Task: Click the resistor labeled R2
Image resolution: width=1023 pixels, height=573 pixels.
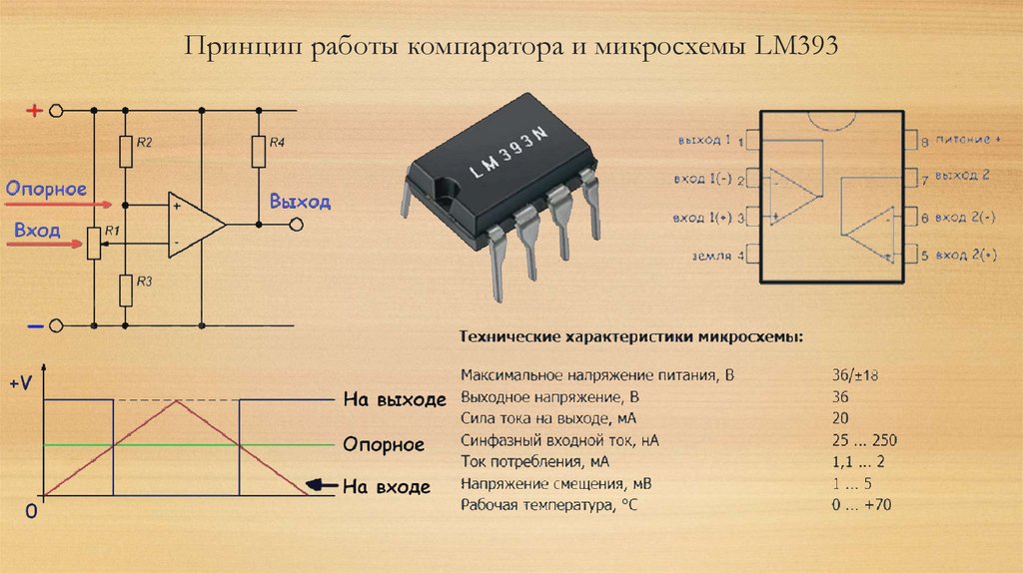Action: pos(126,153)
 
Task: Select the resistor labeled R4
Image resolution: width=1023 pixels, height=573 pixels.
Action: pos(259,152)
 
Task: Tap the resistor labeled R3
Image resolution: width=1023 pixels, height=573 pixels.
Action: pos(126,289)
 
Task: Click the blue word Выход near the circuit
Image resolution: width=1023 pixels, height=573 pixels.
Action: pos(300,202)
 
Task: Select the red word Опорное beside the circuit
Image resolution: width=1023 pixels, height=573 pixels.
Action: pos(46,189)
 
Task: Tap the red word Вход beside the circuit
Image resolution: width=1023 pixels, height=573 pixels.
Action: pos(37,231)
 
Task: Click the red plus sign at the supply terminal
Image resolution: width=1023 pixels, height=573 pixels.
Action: pos(33,111)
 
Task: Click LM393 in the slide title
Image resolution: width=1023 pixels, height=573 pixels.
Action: pos(800,47)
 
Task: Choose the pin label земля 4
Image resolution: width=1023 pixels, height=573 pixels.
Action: pos(717,257)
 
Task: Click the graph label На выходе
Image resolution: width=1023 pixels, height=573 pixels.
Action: pos(393,400)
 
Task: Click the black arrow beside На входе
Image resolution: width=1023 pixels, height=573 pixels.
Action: pos(320,486)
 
